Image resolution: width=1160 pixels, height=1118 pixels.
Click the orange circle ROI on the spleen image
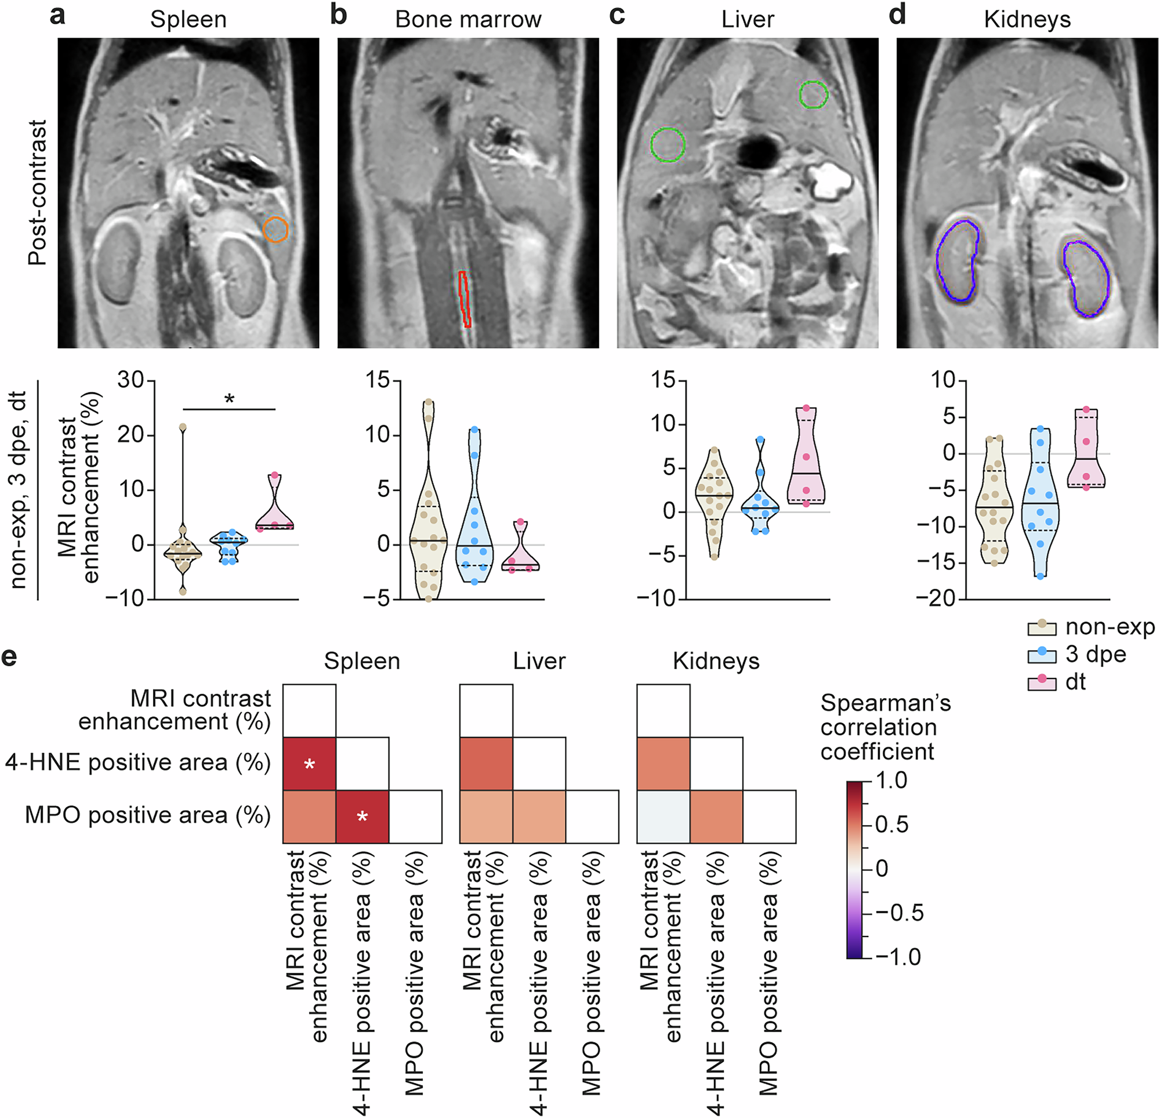275,230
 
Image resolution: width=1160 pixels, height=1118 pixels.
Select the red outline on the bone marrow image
465,299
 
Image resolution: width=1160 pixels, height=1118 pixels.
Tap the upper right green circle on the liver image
813,95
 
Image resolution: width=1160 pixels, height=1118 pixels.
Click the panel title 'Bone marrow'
467,20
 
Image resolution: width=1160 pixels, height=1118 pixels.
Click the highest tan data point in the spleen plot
183,427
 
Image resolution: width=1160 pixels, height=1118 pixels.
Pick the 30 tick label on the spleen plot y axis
131,380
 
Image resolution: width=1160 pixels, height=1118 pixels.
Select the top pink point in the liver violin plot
806,408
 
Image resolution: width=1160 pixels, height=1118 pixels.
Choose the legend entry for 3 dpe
1095,655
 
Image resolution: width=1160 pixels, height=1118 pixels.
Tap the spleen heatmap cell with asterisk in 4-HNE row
309,764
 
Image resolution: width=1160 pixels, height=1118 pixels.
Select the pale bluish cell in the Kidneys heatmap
663,816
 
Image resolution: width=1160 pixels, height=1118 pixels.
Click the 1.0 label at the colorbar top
891,781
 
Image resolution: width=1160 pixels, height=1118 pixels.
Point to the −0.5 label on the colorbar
899,913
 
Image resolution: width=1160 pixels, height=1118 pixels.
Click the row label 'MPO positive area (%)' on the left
147,815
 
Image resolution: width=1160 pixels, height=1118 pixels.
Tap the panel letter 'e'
9,657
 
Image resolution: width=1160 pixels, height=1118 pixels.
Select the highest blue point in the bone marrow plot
474,429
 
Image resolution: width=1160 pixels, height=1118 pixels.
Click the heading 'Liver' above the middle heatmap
539,661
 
